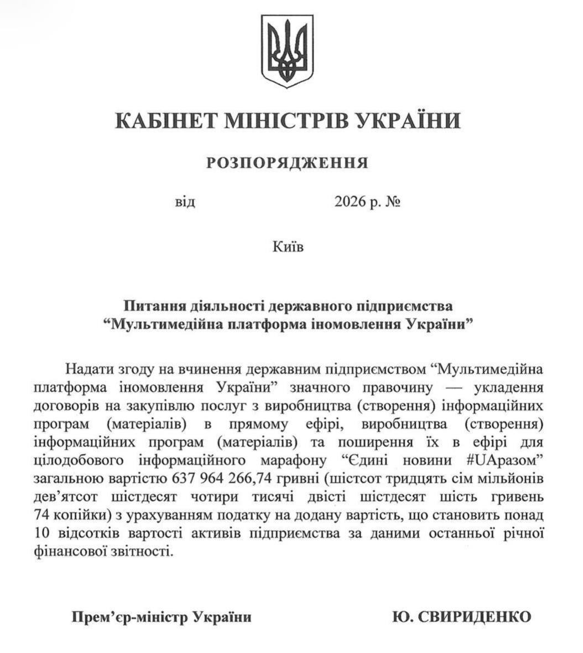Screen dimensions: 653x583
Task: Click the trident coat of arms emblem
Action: (x=287, y=52)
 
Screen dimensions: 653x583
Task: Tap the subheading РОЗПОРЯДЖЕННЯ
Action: (x=287, y=163)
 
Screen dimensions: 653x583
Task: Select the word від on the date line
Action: (x=185, y=202)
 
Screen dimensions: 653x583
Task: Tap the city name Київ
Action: (x=288, y=245)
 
